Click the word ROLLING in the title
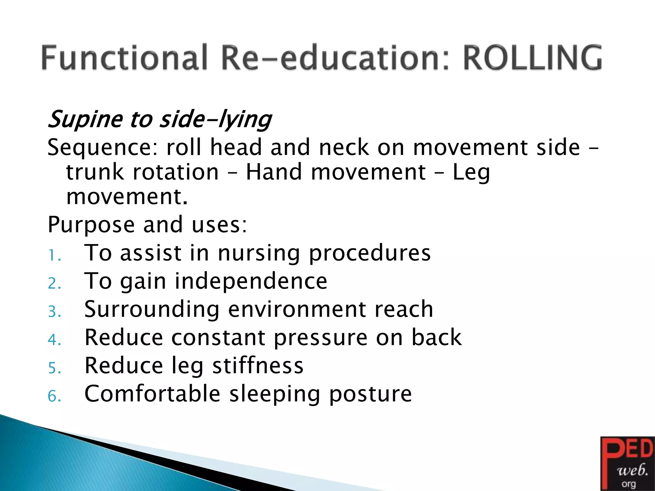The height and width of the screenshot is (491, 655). pos(532,58)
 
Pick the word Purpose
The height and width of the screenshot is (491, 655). pos(91,224)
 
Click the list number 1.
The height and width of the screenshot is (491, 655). pos(54,256)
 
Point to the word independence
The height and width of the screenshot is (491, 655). pos(251,281)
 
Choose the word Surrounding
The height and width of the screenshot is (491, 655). pos(152,309)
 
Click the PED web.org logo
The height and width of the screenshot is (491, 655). pos(627,464)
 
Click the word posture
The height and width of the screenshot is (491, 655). pos(370,394)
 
